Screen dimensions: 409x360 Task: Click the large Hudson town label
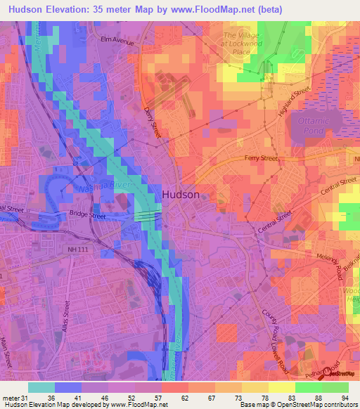(x=181, y=195)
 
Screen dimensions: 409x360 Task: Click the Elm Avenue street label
(x=117, y=41)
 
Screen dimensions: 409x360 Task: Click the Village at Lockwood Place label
(x=241, y=43)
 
